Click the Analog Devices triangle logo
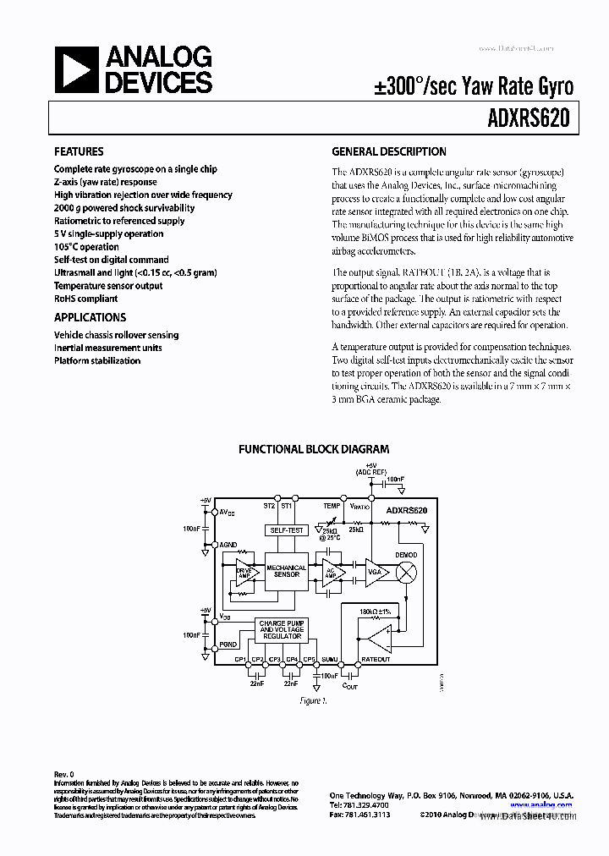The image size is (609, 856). pyautogui.click(x=75, y=69)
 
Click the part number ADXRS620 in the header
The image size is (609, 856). pyautogui.click(x=533, y=119)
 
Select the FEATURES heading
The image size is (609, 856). pyautogui.click(x=79, y=152)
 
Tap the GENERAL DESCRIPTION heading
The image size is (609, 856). pyautogui.click(x=389, y=152)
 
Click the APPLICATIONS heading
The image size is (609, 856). pyautogui.click(x=90, y=317)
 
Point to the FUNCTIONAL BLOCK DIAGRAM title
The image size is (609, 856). pyautogui.click(x=314, y=450)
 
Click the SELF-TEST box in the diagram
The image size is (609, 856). pyautogui.click(x=286, y=530)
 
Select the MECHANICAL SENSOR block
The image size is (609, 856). pyautogui.click(x=286, y=572)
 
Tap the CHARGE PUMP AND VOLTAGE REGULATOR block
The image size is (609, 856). pyautogui.click(x=283, y=630)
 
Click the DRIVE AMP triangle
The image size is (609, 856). pyautogui.click(x=244, y=572)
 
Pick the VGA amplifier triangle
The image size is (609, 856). pyautogui.click(x=374, y=572)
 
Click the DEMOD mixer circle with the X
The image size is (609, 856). pyautogui.click(x=407, y=572)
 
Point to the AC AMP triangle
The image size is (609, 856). pyautogui.click(x=330, y=572)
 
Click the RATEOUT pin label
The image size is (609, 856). pyautogui.click(x=376, y=659)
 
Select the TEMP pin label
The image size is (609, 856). pyautogui.click(x=332, y=505)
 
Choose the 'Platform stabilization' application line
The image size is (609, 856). pyautogui.click(x=97, y=360)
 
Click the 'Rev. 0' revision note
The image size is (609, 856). pyautogui.click(x=65, y=774)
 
